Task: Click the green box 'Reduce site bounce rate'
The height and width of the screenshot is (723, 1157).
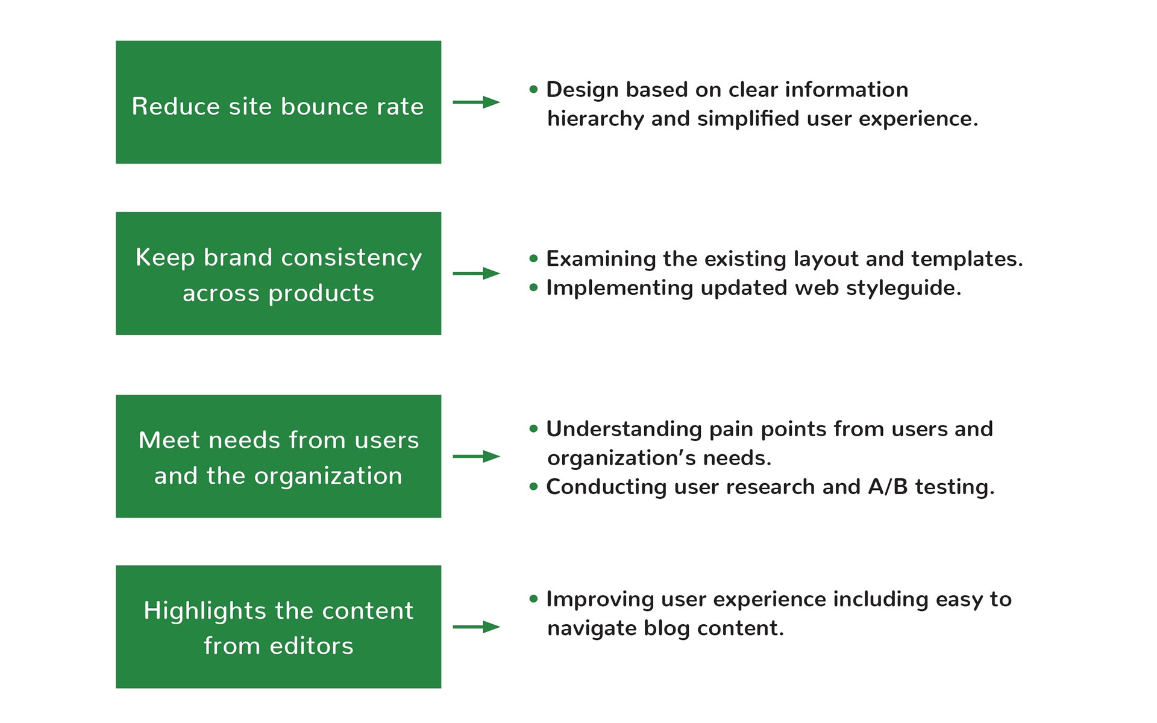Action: [278, 102]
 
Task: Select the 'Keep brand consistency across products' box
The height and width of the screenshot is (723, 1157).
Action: [278, 274]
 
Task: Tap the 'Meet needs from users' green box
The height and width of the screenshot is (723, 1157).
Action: [278, 456]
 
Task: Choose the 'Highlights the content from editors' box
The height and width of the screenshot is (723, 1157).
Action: [278, 627]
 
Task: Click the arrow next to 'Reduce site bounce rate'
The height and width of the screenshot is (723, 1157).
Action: [477, 102]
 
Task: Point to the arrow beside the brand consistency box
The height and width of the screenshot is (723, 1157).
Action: [477, 274]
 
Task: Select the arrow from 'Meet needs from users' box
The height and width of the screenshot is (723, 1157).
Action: [477, 457]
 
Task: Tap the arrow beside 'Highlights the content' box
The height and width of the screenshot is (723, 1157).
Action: [477, 627]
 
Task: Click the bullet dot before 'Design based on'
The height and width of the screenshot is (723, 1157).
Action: [533, 90]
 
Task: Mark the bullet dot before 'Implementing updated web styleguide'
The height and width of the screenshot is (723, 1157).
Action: [533, 288]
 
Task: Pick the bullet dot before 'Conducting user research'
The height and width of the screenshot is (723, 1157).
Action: [533, 487]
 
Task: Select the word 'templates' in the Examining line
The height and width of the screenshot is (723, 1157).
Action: [967, 259]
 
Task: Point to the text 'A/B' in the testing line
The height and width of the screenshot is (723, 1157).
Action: [888, 487]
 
